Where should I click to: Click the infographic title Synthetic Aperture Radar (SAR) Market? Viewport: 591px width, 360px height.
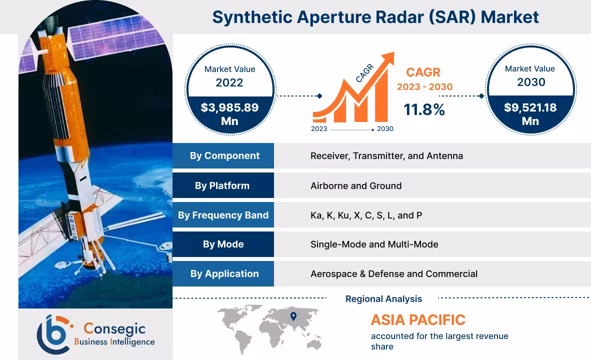click(x=375, y=17)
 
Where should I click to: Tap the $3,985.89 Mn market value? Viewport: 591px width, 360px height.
click(x=229, y=114)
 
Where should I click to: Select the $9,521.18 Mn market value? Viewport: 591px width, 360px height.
click(x=530, y=114)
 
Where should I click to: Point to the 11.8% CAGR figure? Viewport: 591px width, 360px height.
click(x=424, y=109)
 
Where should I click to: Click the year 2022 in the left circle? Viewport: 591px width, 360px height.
click(x=229, y=82)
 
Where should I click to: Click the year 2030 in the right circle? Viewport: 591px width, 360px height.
click(x=530, y=81)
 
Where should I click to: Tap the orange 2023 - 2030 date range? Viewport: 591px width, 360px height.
click(x=424, y=86)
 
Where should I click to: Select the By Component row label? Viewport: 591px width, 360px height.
click(x=224, y=155)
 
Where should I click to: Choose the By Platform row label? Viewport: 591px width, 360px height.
click(x=222, y=185)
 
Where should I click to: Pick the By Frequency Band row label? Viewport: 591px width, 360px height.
click(x=223, y=215)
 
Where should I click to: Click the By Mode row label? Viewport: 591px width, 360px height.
click(x=223, y=244)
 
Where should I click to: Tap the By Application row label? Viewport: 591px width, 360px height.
click(x=224, y=273)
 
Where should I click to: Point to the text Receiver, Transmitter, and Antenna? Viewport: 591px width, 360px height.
click(x=386, y=155)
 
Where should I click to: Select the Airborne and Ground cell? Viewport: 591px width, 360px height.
click(x=355, y=185)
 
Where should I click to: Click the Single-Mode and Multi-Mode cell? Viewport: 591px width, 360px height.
click(x=374, y=244)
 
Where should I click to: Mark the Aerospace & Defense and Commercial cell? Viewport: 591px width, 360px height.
click(x=393, y=273)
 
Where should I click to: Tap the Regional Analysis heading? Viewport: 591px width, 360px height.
click(x=383, y=299)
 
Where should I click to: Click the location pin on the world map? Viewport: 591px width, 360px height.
click(x=293, y=316)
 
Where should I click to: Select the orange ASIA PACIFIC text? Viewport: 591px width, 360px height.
click(x=418, y=319)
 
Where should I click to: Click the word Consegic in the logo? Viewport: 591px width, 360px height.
click(x=114, y=328)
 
